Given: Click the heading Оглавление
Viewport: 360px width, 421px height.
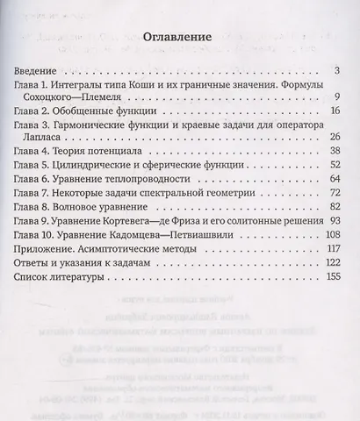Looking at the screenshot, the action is [179, 39].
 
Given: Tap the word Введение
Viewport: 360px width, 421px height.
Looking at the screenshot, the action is [40, 69].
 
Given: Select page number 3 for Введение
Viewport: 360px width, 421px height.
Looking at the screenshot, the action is [337, 69].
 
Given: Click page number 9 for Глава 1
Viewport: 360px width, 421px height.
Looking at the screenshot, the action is [337, 97].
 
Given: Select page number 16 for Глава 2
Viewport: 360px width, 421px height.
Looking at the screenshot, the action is [334, 112].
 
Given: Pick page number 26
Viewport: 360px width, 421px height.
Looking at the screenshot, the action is [334, 139].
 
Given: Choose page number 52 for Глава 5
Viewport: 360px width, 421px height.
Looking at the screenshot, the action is [334, 166].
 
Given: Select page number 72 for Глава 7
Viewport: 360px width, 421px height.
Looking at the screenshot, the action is [334, 193].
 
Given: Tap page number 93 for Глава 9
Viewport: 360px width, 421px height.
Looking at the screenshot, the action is [334, 220].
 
